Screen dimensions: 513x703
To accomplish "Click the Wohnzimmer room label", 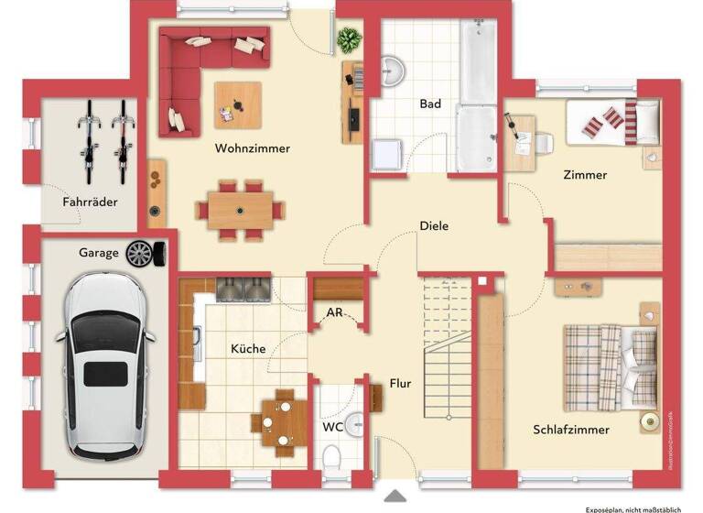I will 252,148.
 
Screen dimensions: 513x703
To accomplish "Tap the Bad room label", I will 430,104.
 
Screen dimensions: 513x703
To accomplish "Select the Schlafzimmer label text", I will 571,429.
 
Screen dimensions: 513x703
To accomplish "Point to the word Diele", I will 434,225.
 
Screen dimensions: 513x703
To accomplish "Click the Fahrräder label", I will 90,202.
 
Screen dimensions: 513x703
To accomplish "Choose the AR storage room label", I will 335,313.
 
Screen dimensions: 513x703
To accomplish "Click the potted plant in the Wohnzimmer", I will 349,40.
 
